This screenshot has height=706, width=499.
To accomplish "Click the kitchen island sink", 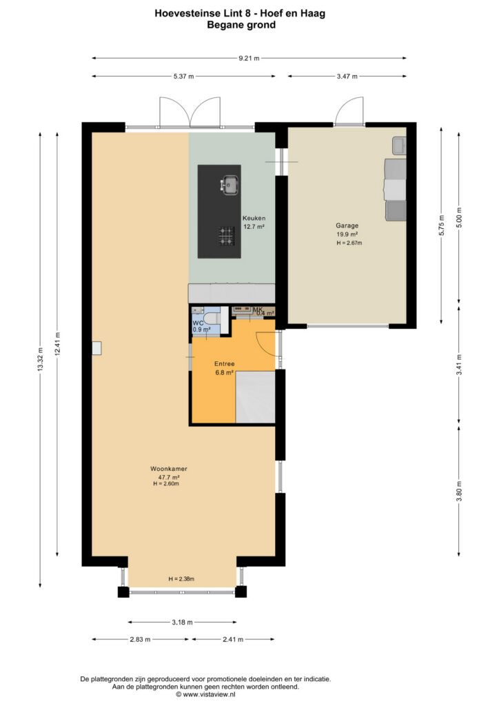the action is click(230, 185).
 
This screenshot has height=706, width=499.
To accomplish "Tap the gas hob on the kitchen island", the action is click(226, 236).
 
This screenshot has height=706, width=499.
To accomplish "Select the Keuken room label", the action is click(254, 218).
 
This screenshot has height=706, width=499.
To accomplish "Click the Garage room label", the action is click(347, 225).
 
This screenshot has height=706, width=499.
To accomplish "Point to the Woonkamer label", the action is click(169, 469).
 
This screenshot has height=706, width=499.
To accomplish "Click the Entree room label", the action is click(224, 364).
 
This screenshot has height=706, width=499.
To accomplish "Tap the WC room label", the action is click(198, 323).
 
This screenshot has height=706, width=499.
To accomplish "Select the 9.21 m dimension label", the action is click(250, 58).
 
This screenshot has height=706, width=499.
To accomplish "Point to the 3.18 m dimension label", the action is click(182, 623).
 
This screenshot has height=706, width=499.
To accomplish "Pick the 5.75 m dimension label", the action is click(441, 225).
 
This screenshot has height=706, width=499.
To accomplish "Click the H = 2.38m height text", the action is click(181, 579).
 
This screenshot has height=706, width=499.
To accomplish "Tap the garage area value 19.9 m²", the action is click(347, 234).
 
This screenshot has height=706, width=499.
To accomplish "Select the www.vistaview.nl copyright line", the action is click(205, 695).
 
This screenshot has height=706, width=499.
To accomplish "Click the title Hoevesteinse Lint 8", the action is click(203, 14).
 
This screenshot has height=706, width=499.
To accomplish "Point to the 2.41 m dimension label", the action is click(233, 639).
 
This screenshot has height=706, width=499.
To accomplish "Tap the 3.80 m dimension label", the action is click(459, 491).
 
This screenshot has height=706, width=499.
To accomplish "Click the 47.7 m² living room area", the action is click(169, 477).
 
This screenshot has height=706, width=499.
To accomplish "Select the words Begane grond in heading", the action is click(241, 25).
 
